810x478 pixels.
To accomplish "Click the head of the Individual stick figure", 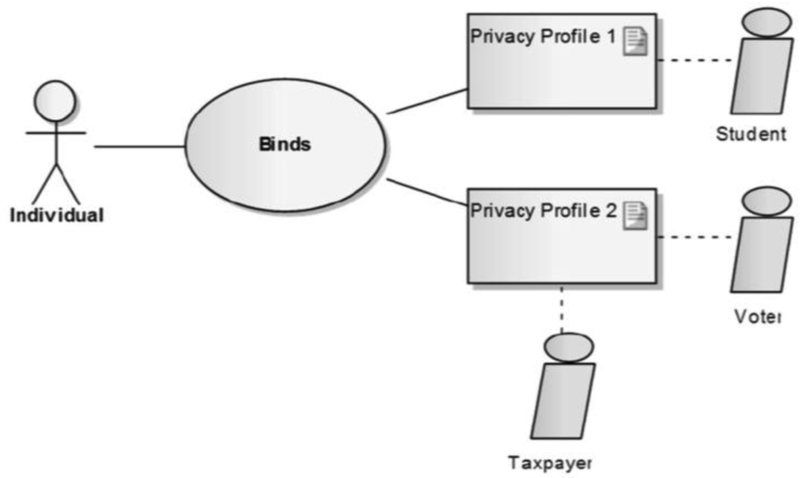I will [55, 101].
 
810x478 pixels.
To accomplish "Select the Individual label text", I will [56, 214].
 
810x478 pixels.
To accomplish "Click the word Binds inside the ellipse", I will [285, 145].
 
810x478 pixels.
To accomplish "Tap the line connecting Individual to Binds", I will [139, 146].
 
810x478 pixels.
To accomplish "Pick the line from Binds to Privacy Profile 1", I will [427, 101].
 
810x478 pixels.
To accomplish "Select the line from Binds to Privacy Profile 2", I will [427, 192].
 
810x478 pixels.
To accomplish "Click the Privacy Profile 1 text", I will [543, 37].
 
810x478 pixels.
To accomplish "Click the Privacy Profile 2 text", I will [543, 211].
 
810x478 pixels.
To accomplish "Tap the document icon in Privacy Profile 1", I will [635, 40].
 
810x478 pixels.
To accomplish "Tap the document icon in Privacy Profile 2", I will [635, 215].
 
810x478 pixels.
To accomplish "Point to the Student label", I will [751, 134].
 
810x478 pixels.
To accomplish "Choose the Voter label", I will [756, 317].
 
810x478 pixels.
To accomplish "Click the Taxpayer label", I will [550, 462].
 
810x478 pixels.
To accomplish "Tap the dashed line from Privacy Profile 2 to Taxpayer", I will [562, 309].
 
